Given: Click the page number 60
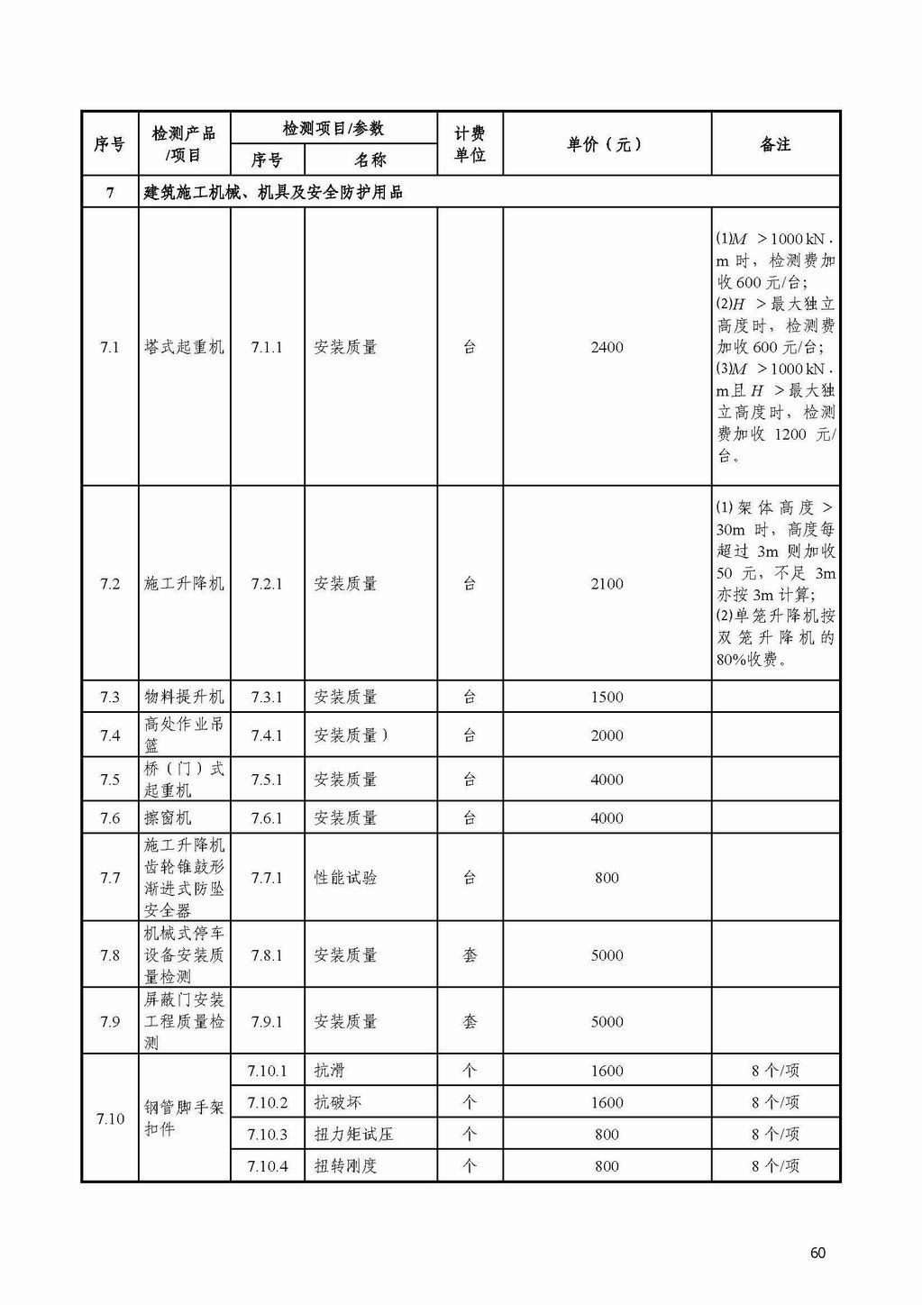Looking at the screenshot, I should pyautogui.click(x=817, y=1253).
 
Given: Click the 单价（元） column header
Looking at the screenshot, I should pyautogui.click(x=606, y=144).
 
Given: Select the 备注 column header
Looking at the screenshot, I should pyautogui.click(x=775, y=144).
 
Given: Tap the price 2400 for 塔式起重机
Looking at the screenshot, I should pyautogui.click(x=607, y=347).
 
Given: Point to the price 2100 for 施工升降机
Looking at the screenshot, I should pyautogui.click(x=607, y=584).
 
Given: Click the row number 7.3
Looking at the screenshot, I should pyautogui.click(x=110, y=697).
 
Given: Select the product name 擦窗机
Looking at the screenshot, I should pyautogui.click(x=169, y=818).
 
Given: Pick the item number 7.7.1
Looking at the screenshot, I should pyautogui.click(x=267, y=878).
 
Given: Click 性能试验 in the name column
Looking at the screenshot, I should pyautogui.click(x=345, y=878).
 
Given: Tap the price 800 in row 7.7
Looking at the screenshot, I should pyautogui.click(x=607, y=878).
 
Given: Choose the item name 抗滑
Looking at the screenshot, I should pyautogui.click(x=329, y=1071).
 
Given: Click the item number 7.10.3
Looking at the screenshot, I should pyautogui.click(x=267, y=1134).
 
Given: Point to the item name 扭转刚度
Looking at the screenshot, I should pyautogui.click(x=345, y=1165).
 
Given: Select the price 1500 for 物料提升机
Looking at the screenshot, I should pyautogui.click(x=607, y=697).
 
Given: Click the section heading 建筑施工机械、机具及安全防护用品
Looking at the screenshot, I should pyautogui.click(x=273, y=192).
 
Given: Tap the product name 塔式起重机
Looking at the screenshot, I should pyautogui.click(x=184, y=347).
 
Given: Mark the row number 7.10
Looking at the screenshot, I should pyautogui.click(x=110, y=1118).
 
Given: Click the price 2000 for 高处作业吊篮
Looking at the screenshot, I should pyautogui.click(x=607, y=735).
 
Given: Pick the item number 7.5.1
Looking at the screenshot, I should pyautogui.click(x=267, y=780).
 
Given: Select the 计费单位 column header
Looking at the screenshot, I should pyautogui.click(x=470, y=144).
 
